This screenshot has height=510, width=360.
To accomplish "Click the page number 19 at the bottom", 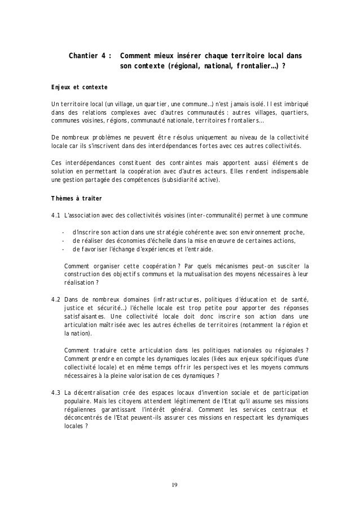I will pos(179,485).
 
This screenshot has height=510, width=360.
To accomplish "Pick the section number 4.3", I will pos(55,393).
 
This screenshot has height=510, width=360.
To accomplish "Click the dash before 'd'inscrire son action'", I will pos(63,232).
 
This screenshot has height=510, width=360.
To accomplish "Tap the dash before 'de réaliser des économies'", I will pos(63,241).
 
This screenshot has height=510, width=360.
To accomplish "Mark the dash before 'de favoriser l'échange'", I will pos(63,250).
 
